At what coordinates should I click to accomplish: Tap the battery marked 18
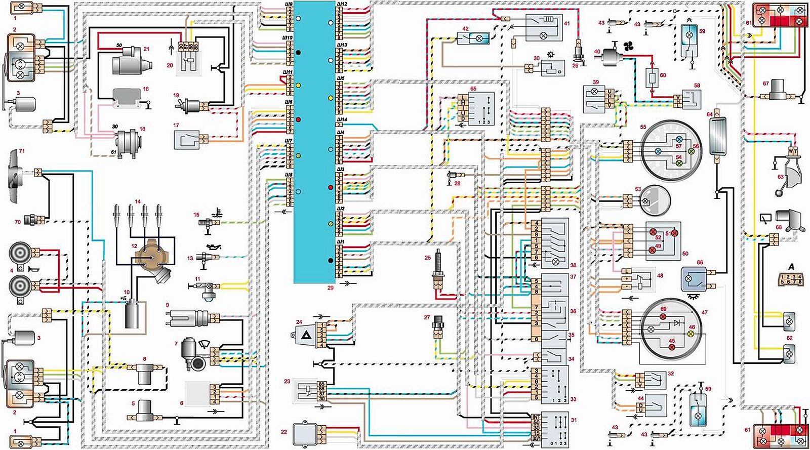point(127,98)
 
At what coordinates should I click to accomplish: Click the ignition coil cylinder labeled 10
point(134,314)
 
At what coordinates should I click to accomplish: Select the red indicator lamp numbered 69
point(663,316)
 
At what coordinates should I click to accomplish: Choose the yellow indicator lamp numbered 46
point(691,335)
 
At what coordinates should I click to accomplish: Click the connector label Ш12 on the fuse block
point(342,4)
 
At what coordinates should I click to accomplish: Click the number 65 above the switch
point(473,89)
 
